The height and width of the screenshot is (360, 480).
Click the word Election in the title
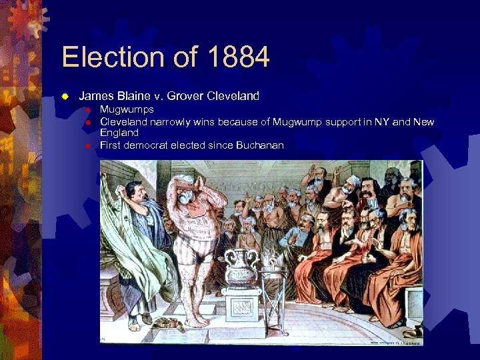[x=113, y=57]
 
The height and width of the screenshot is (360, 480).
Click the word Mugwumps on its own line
[x=127, y=109]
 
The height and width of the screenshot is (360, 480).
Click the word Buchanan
[x=259, y=145]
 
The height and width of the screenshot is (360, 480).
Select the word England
[x=119, y=133]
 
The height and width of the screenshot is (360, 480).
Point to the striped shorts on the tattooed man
[x=194, y=250]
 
